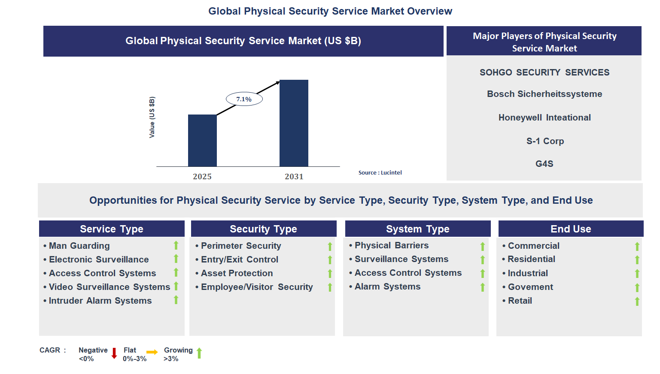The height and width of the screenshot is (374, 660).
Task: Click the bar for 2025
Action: click(x=202, y=140)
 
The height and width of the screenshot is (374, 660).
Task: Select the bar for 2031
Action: click(x=294, y=123)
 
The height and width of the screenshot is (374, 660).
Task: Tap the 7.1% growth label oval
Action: click(x=244, y=99)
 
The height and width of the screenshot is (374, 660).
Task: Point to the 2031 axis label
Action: click(x=294, y=176)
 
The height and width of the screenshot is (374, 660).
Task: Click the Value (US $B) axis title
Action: click(x=152, y=117)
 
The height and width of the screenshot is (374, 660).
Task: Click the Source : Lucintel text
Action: click(x=380, y=172)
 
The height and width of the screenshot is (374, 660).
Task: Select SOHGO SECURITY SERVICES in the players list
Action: click(x=544, y=72)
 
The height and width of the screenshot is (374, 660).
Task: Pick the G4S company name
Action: click(x=544, y=164)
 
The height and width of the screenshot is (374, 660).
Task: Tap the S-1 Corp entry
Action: click(x=544, y=141)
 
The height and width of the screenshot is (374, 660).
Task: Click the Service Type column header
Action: click(x=112, y=229)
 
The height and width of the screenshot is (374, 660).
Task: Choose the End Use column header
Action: click(x=570, y=229)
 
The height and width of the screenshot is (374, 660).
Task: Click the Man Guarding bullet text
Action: click(x=79, y=246)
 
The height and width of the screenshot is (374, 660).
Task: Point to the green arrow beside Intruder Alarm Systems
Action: click(x=176, y=300)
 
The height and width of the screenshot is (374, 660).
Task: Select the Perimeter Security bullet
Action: click(x=240, y=246)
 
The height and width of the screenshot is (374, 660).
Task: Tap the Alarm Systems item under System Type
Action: click(x=387, y=287)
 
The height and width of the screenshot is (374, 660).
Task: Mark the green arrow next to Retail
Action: click(x=637, y=302)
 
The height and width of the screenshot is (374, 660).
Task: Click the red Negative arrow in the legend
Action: click(x=114, y=353)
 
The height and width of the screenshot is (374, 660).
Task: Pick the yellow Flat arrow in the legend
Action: click(x=152, y=352)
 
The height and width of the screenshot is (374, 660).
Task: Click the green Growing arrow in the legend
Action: click(x=199, y=353)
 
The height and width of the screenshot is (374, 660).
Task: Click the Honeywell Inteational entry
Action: click(x=544, y=118)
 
